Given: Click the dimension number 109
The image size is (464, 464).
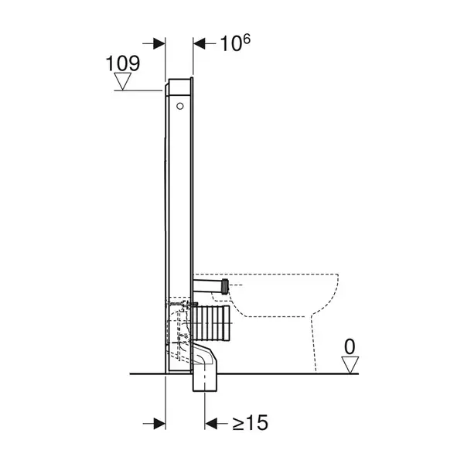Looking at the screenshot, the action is point(122,63).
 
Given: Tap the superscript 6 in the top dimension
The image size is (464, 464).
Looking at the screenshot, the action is point(246,39).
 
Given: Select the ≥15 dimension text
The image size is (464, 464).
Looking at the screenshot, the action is point(251,422).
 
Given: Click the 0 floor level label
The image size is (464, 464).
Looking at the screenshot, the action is point(350,346).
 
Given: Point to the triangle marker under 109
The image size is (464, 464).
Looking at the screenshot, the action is point(122,81).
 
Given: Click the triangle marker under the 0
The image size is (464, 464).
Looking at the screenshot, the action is point(350,365).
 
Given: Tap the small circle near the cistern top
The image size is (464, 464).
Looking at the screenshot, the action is point(180,106).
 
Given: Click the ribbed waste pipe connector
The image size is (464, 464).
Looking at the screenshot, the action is point(210,322).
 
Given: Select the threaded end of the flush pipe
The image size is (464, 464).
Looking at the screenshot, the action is point(226,286).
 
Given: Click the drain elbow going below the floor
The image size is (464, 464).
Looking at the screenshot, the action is point(205,367).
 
